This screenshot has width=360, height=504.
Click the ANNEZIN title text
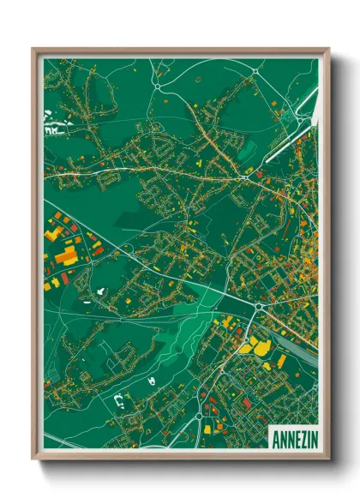click(293, 439)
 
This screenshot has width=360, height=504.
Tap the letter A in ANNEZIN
click(275, 439)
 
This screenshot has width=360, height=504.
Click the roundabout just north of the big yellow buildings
click(256, 307)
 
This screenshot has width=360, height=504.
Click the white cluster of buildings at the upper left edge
click(53, 132)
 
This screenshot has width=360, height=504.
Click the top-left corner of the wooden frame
click(33, 49)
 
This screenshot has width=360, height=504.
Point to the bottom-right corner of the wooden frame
click(329, 460)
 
